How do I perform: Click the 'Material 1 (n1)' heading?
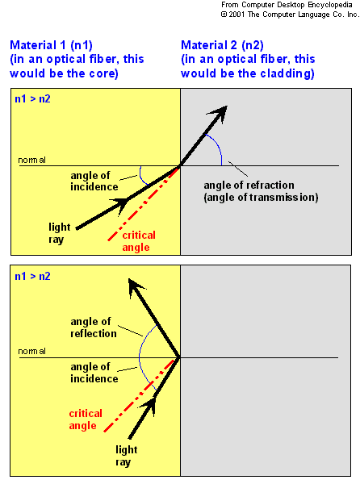(x=51, y=45)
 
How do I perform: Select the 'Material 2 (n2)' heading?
(x=222, y=45)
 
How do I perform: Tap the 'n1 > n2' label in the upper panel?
(x=32, y=98)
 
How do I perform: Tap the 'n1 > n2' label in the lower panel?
(x=32, y=276)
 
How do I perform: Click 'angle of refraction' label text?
(x=249, y=185)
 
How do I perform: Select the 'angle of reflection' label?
(x=94, y=328)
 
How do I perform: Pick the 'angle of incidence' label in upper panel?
(x=94, y=181)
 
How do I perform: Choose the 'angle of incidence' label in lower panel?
(x=94, y=373)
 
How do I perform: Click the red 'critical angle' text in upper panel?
(x=139, y=241)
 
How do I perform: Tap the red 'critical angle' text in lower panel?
(x=86, y=419)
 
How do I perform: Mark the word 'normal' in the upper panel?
(x=31, y=160)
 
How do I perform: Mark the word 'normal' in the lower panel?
(x=31, y=351)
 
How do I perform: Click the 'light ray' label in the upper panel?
(x=59, y=233)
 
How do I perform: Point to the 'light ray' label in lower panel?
(x=126, y=456)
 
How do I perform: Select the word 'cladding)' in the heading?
(x=287, y=73)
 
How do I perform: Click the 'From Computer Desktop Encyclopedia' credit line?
(x=287, y=5)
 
